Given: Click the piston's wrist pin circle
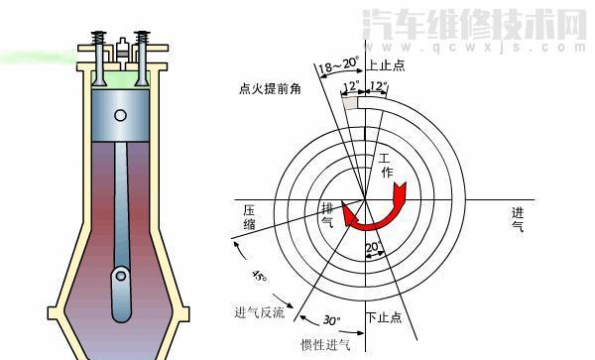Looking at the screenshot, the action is tap(120, 115).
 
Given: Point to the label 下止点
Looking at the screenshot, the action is tap(384, 317).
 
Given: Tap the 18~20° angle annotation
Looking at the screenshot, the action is tap(337, 66).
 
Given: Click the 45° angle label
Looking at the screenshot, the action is tap(260, 275).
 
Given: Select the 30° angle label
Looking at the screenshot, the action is tap(331, 320).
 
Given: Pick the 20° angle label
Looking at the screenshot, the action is tap(373, 248).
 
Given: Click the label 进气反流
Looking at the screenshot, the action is tap(259, 313).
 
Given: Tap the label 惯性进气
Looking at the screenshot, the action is tap(325, 345).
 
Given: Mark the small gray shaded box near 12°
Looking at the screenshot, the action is tap(349, 100).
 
